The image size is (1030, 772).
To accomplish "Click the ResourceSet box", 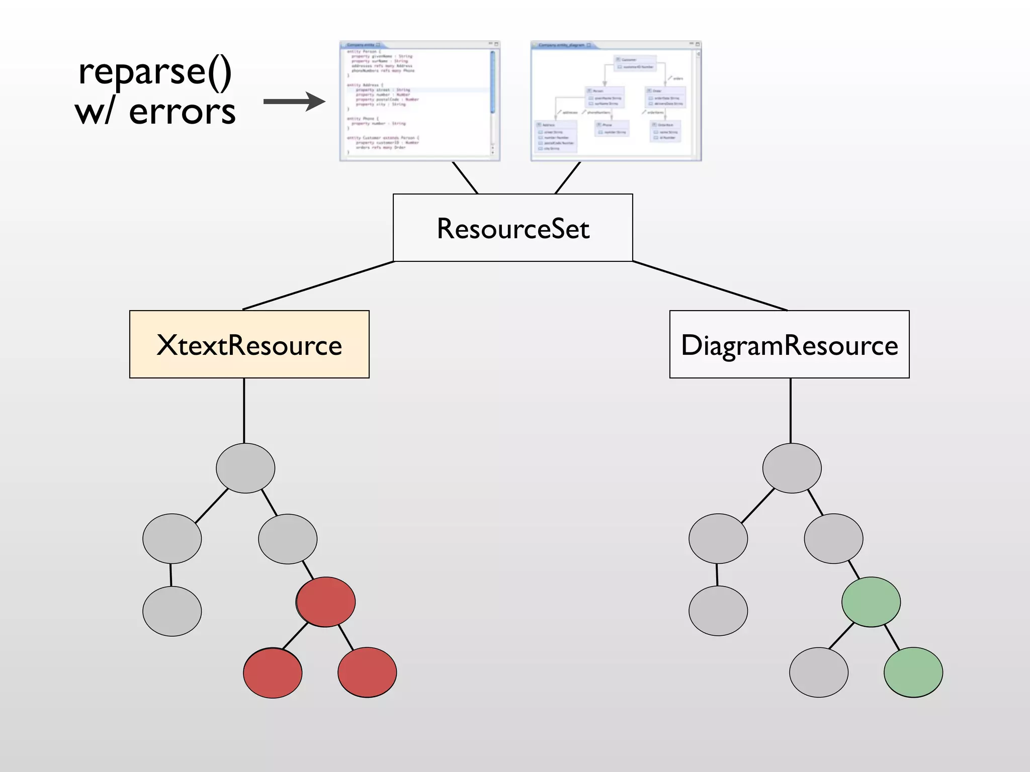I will point(512,228).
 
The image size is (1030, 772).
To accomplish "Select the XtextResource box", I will point(249,344).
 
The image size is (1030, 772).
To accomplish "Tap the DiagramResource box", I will point(789,344).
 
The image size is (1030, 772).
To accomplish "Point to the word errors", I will point(182,112).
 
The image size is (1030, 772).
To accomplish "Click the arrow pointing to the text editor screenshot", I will point(294,102).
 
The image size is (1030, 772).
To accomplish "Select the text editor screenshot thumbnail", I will point(419,101).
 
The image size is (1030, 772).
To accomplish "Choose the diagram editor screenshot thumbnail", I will point(616,101).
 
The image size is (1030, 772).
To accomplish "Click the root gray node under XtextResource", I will point(245,468).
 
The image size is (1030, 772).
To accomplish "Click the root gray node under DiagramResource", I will point(792,468).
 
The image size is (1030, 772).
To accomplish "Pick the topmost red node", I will point(326,602).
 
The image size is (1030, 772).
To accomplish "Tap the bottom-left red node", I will point(273,672).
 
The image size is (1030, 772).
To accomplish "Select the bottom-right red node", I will point(367,672).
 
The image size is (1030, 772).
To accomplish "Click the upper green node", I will point(871,602).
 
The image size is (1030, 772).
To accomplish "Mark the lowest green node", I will point(913,672).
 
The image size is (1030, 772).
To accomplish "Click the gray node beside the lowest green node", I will point(819,672).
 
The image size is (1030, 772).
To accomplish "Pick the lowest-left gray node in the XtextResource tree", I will point(172,611).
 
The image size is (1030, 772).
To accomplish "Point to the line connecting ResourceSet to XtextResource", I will point(319,285).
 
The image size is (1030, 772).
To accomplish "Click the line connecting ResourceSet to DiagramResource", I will point(709,285).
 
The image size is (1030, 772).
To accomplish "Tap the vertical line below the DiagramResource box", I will point(791,410).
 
